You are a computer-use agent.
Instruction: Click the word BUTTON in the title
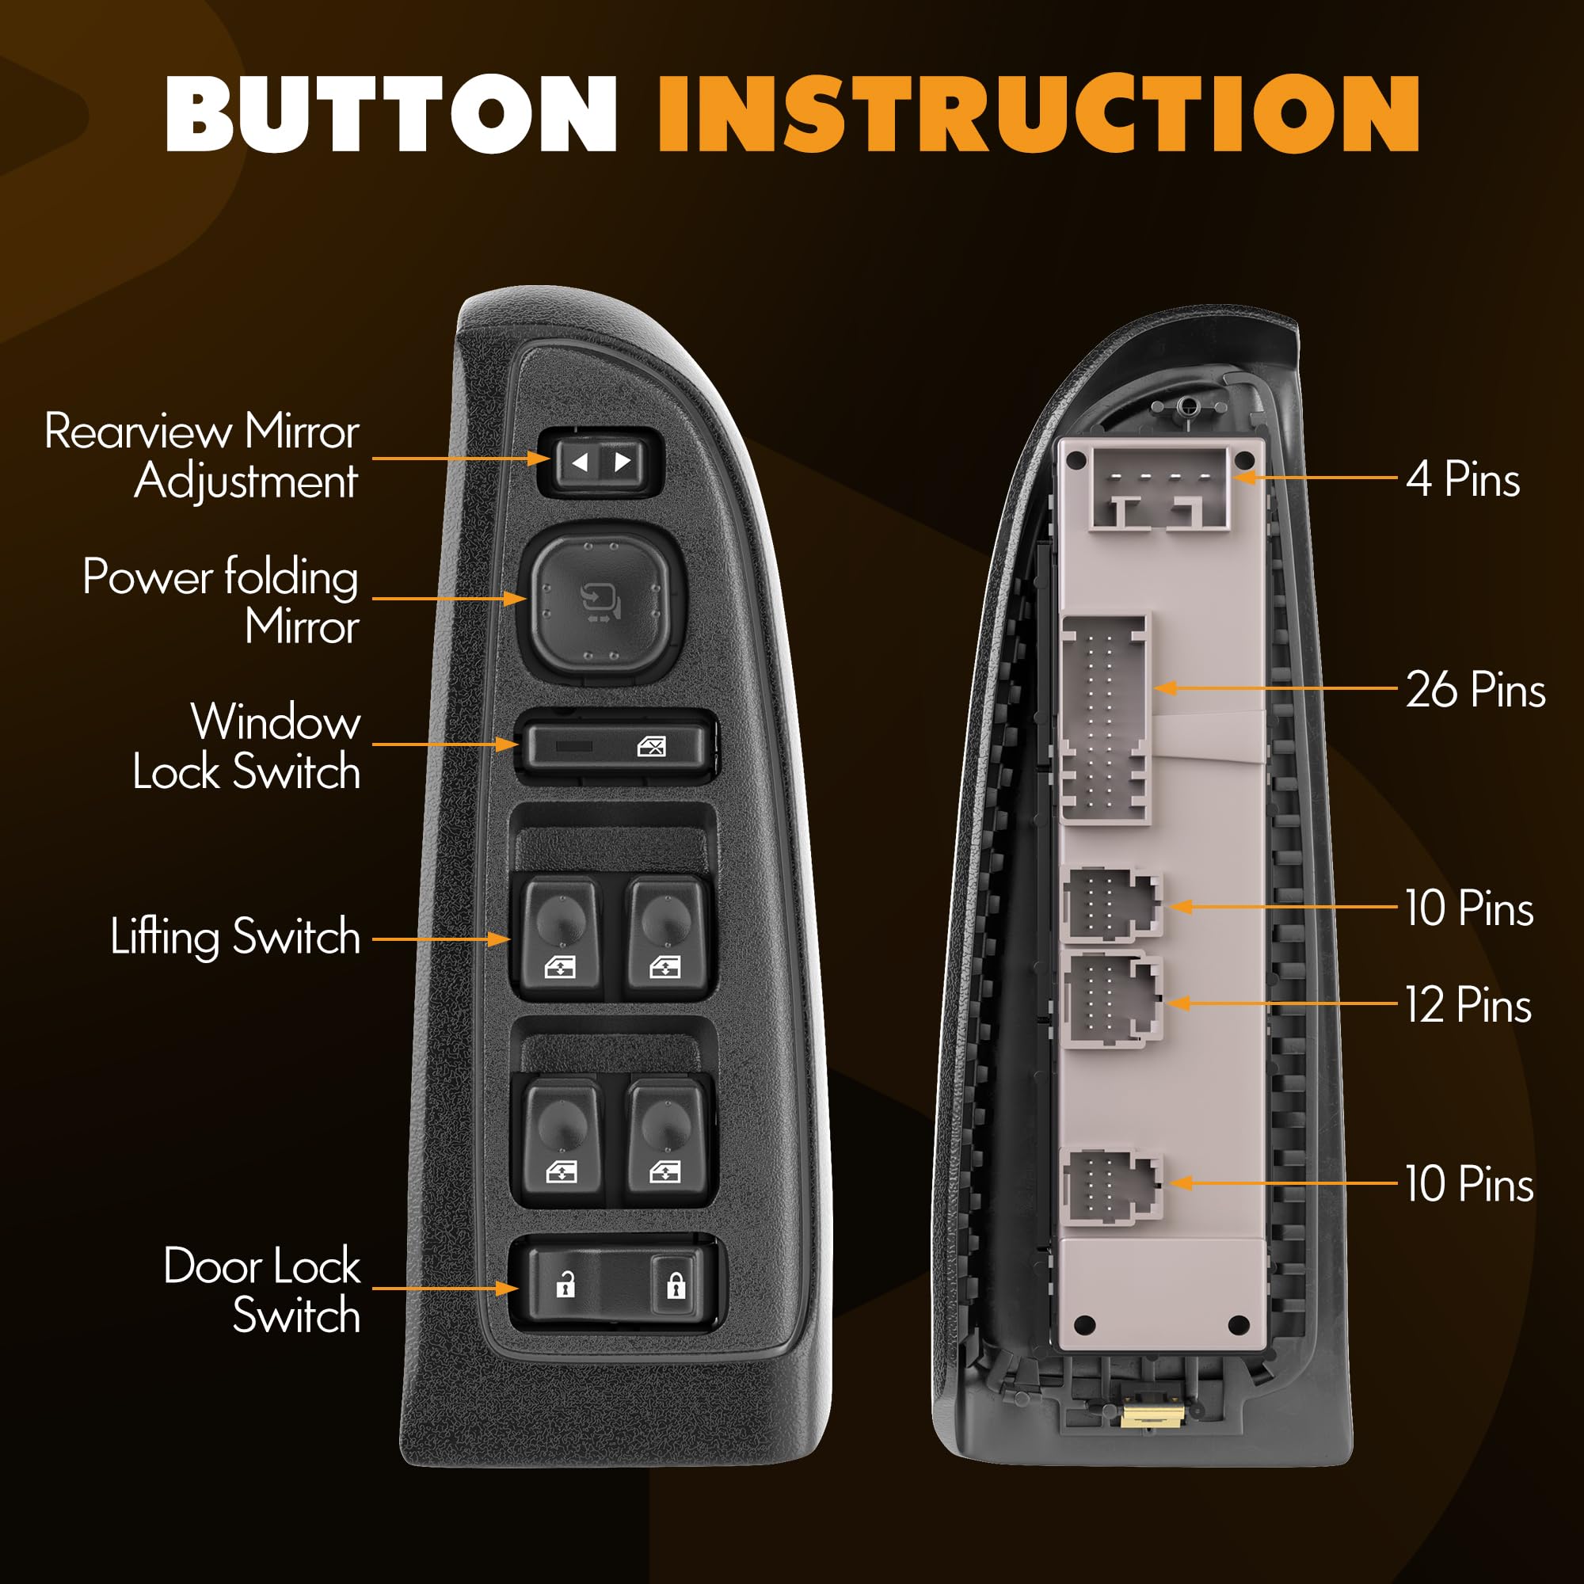point(390,114)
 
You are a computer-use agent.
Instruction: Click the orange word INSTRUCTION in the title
point(1038,114)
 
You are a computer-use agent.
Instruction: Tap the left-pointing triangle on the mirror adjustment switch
point(580,463)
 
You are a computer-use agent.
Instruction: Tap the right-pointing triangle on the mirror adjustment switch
point(623,462)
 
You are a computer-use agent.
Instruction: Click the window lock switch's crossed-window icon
point(652,746)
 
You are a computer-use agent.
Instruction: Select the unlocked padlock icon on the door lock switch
point(565,1285)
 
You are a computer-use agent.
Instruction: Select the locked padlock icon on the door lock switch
point(675,1285)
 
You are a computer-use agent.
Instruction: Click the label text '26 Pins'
point(1475,690)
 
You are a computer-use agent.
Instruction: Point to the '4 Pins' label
point(1464,479)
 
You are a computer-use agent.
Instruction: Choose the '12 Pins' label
point(1468,1005)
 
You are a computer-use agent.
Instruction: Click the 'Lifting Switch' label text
point(235,936)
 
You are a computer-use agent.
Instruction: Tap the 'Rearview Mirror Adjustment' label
point(203,456)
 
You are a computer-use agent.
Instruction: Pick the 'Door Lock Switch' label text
point(262,1290)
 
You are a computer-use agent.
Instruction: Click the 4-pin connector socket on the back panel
point(1159,489)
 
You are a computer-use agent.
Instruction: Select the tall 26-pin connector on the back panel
point(1104,719)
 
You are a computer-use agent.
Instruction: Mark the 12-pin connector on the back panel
point(1111,1000)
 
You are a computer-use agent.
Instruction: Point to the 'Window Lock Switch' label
point(246,747)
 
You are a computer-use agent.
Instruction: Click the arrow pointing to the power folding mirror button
point(449,599)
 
